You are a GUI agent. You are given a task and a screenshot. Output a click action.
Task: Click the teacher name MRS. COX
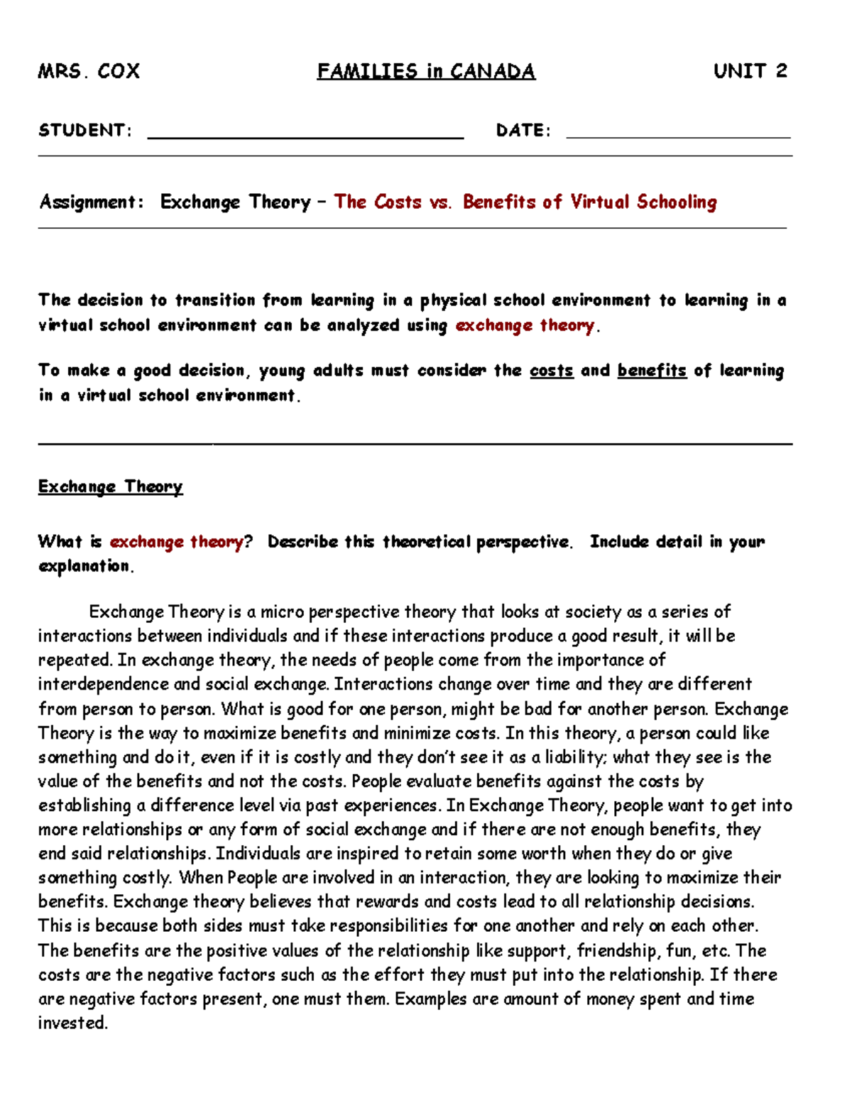[x=89, y=71]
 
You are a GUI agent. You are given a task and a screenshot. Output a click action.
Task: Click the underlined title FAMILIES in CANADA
[x=426, y=71]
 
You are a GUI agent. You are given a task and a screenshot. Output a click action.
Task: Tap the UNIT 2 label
[x=750, y=71]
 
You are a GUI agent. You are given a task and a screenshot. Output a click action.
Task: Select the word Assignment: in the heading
[x=92, y=202]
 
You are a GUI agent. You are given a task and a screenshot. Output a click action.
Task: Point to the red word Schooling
[x=677, y=202]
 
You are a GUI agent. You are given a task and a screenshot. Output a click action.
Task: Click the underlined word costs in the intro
[x=551, y=371]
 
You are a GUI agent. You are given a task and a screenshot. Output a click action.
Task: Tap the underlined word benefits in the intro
[x=652, y=371]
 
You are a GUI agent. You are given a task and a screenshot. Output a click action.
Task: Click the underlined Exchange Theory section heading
[x=110, y=487]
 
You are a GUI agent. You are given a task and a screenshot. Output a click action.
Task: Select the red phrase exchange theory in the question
[x=176, y=542]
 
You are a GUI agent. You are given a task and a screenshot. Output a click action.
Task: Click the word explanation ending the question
[x=85, y=566]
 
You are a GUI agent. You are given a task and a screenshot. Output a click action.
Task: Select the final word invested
[x=72, y=1023]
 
